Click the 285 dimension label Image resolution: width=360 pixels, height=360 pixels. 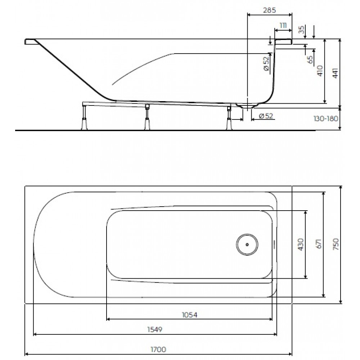[x=269, y=10]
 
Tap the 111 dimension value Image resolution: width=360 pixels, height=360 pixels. [x=283, y=26]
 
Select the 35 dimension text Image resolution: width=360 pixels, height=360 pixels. [x=301, y=30]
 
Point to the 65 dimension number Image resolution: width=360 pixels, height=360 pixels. [x=310, y=60]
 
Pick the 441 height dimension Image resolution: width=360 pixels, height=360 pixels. [x=335, y=73]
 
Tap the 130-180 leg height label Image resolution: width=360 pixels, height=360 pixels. [x=326, y=119]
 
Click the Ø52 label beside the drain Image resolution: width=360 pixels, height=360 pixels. [x=266, y=116]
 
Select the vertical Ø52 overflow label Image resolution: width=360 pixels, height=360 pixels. [x=266, y=63]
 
